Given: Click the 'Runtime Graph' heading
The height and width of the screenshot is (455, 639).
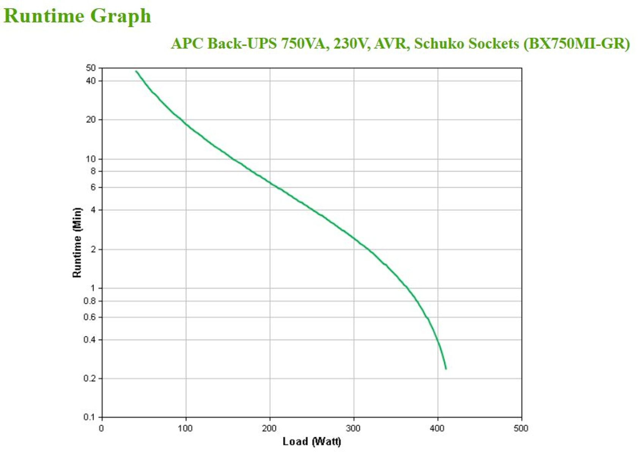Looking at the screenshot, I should tap(77, 16).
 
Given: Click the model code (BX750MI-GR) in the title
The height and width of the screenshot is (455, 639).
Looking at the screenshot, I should tap(576, 44).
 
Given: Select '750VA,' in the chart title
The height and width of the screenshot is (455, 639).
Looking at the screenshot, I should tap(305, 44).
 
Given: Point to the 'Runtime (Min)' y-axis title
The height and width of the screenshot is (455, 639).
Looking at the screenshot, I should tap(77, 243).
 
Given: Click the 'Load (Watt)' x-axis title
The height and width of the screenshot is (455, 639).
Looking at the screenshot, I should tap(312, 441).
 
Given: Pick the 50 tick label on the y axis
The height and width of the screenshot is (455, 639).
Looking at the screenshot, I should tap(91, 68).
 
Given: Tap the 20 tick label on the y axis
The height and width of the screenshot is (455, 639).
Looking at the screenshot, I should tap(91, 119).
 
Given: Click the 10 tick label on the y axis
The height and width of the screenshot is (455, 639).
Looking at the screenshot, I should tap(91, 159).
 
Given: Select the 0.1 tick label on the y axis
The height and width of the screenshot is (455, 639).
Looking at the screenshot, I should tap(90, 417).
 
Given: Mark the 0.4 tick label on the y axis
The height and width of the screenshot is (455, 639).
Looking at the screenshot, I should tap(90, 339).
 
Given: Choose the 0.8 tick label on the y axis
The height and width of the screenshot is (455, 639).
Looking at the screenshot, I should tap(90, 301).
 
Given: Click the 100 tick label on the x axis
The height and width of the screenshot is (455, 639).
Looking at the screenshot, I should tap(185, 428).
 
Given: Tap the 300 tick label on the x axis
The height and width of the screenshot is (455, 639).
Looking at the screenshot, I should tap(353, 428).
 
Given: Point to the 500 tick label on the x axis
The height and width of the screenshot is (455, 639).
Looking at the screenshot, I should tap(521, 428).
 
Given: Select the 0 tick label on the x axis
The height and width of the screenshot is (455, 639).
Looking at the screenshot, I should tap(101, 428).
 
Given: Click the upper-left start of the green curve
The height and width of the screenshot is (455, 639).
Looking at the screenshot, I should tap(136, 71).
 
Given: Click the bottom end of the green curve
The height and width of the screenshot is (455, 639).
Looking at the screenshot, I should tap(445, 368).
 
